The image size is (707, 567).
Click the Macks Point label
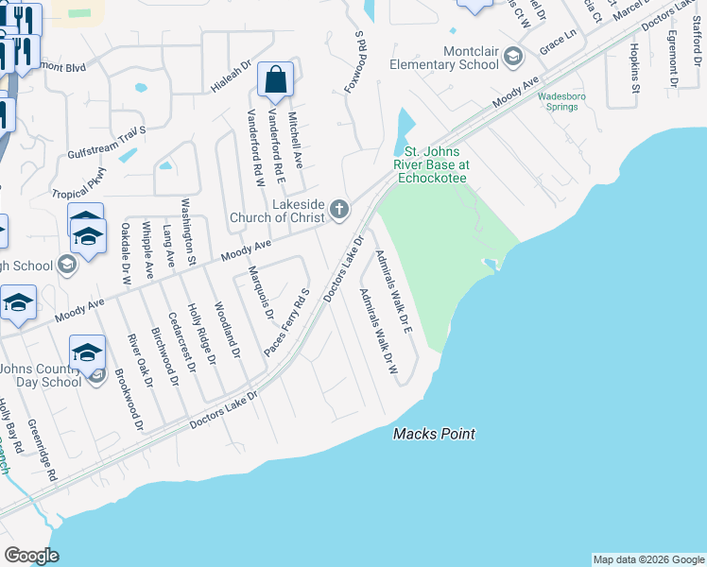tap(434, 434)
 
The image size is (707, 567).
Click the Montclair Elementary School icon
tap(513, 58)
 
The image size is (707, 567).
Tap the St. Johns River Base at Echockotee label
tap(437, 163)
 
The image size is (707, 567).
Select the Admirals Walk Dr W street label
tap(376, 331)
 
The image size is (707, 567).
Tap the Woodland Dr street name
tap(227, 330)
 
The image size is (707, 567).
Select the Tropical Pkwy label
tap(79, 182)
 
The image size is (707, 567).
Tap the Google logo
tap(31, 556)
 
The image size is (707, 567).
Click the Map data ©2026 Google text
tap(647, 559)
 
